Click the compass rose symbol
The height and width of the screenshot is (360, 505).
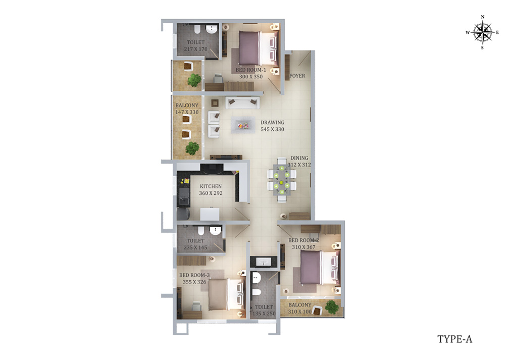click(483, 32)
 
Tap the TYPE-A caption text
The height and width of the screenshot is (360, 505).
click(454, 339)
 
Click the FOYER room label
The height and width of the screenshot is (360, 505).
click(297, 76)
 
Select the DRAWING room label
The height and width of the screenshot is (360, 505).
click(273, 122)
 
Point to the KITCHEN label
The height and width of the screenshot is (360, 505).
click(211, 186)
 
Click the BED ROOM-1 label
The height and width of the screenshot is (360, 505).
click(251, 70)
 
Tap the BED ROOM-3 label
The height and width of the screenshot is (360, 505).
click(194, 275)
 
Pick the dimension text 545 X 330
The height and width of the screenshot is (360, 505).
click(273, 129)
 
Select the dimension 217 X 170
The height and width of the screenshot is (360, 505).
click(195, 49)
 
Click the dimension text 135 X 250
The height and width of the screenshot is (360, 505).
click(264, 314)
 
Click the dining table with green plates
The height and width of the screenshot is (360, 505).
click(281, 180)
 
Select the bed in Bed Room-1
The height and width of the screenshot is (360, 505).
click(258, 48)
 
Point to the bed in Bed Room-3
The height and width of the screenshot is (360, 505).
click(226, 294)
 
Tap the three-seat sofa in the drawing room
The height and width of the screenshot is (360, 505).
click(242, 102)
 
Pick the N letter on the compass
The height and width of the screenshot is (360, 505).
click(482, 17)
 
